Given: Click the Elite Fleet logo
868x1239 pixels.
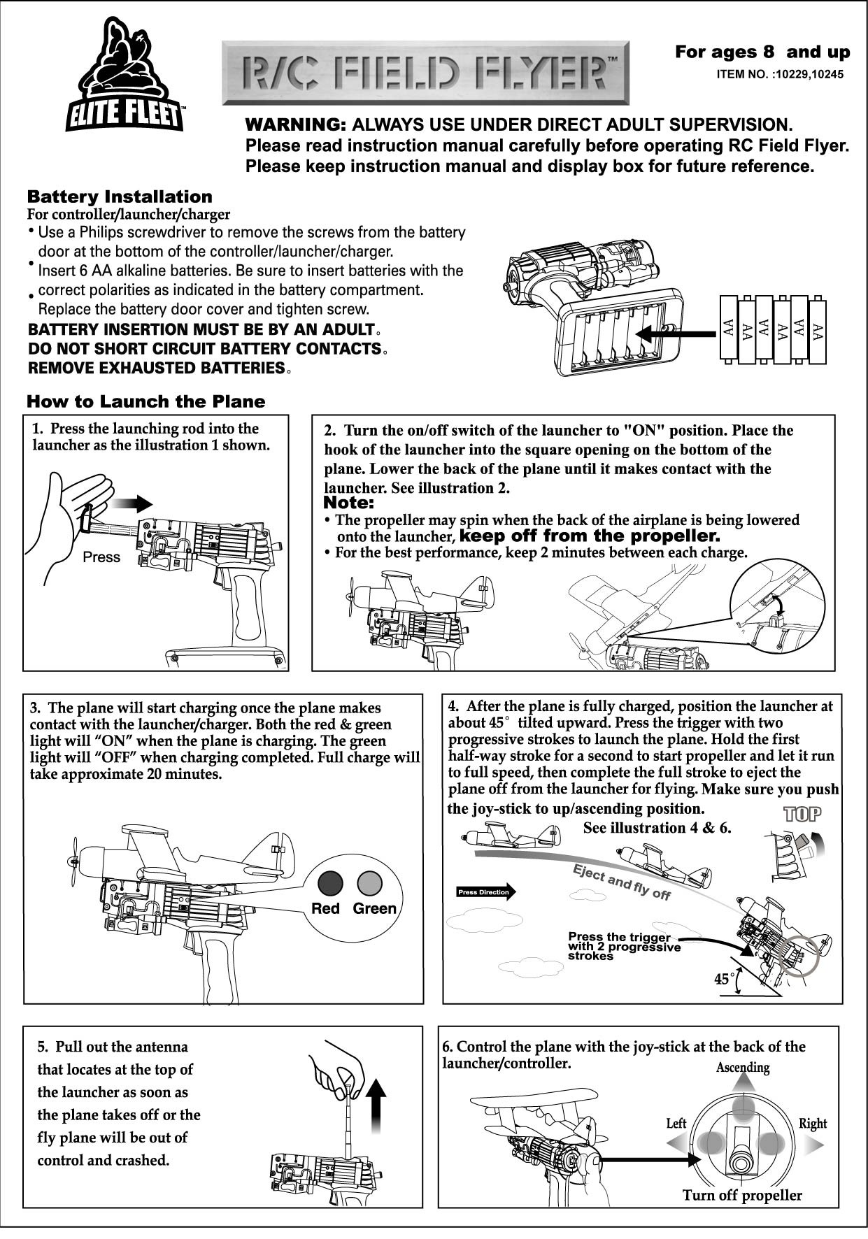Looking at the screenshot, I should [x=125, y=77].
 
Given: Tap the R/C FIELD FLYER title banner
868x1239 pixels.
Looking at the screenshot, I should [x=425, y=73].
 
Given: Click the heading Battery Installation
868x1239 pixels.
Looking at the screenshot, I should [x=119, y=196].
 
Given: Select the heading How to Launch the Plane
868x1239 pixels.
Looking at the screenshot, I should [x=145, y=401].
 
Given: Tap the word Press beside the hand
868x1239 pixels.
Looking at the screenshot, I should [x=101, y=557].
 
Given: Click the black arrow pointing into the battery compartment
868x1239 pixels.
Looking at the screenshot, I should [x=671, y=333].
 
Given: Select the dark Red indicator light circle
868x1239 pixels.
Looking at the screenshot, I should [x=330, y=884].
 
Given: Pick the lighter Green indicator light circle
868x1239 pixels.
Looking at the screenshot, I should [x=369, y=884].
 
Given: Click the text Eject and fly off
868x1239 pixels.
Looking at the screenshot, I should [x=621, y=882].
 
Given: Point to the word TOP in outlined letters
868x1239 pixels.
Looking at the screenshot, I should [x=802, y=814].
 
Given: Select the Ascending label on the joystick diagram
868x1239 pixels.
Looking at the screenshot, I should [x=742, y=1068].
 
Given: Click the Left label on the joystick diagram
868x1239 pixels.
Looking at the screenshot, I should [x=676, y=1124].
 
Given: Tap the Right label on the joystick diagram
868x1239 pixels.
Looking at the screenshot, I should [x=812, y=1124].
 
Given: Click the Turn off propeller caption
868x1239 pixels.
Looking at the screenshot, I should [x=742, y=1195].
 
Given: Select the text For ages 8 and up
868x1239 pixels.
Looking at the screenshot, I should [x=762, y=52].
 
